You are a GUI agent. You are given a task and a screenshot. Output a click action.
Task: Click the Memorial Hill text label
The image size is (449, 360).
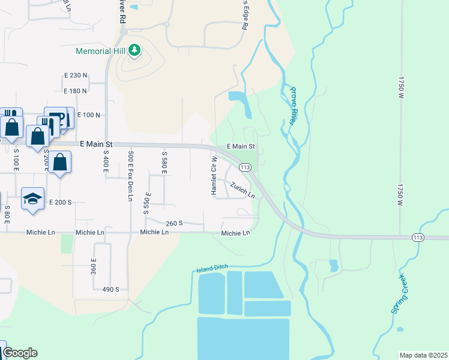click(100, 50)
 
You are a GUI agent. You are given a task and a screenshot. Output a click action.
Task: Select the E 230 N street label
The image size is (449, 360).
click(76, 75)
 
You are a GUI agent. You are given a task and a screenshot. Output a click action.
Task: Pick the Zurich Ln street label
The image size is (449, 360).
click(242, 191)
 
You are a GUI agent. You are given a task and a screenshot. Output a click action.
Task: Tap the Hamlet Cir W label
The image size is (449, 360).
click(213, 175)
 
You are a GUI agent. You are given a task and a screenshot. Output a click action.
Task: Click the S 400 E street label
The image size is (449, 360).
click(106, 161)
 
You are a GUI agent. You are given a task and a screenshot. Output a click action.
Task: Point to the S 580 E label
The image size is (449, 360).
click(163, 163)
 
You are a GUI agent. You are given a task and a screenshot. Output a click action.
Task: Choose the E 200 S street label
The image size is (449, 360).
click(60, 202)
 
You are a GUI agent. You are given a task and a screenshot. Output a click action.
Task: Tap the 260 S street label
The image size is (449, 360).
click(174, 223)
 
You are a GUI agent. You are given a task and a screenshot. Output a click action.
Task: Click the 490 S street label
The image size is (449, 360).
click(110, 289)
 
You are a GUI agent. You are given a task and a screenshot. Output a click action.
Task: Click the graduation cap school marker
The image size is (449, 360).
click(32, 199)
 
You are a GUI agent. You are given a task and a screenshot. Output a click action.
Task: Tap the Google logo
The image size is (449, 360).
click(19, 353)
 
